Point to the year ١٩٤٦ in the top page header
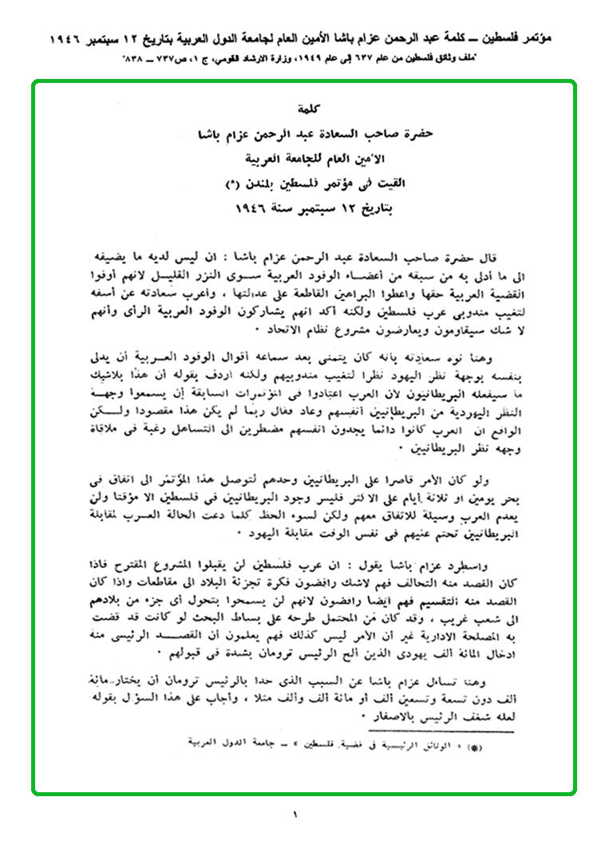[80, 37]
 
